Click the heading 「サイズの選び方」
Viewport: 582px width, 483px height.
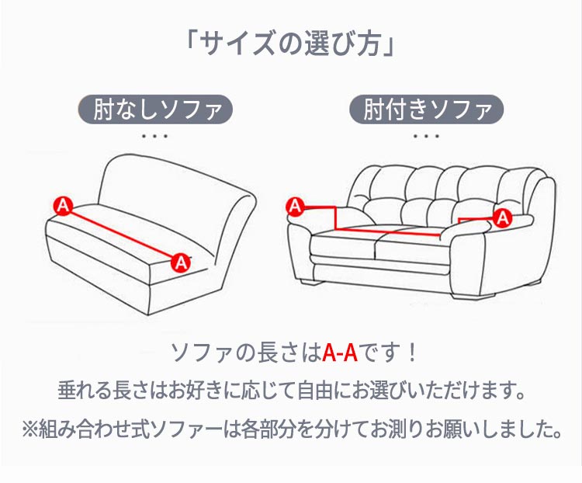291,44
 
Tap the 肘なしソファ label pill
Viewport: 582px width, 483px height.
155,109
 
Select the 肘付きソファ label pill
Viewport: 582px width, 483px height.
427,109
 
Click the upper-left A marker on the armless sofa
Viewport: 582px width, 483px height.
63,206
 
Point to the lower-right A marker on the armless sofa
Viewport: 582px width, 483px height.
181,263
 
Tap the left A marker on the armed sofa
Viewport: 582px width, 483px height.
296,206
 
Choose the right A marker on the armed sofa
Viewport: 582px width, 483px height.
503,217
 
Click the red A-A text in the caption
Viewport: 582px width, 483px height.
340,353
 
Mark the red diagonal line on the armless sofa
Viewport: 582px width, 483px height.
122,235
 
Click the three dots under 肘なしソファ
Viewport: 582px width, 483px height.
155,136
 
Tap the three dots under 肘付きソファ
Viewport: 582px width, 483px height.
427,136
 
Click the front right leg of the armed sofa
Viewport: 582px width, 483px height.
473,293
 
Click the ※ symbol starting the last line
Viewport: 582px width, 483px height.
30,429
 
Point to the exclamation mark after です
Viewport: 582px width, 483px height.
411,353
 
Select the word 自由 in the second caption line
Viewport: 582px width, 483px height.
316,390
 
